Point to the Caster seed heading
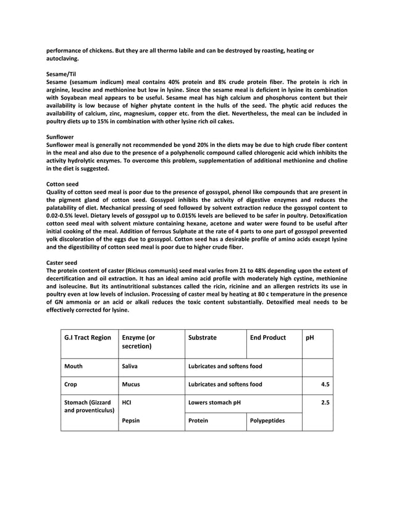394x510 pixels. pyautogui.click(x=62, y=262)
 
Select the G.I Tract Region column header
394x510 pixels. pyautogui.click(x=88, y=338)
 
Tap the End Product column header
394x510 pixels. pyautogui.click(x=268, y=338)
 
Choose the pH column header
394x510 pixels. pyautogui.click(x=309, y=338)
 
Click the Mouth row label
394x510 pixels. pyautogui.click(x=73, y=366)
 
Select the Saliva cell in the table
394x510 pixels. pyautogui.click(x=130, y=366)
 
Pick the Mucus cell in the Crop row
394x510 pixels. pyautogui.click(x=131, y=384)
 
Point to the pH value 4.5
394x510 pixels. pyautogui.click(x=325, y=384)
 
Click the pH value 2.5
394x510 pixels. pyautogui.click(x=325, y=402)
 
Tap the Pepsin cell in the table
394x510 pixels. pyautogui.click(x=131, y=420)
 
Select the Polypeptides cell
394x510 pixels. pyautogui.click(x=267, y=420)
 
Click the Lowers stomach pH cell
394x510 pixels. pyautogui.click(x=214, y=402)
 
